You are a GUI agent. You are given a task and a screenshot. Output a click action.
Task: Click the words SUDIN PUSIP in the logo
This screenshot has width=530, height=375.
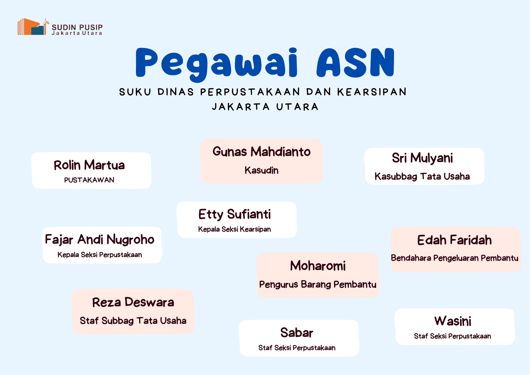tap(77, 27)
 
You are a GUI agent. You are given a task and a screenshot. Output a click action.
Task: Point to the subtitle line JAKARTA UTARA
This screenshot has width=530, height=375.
tap(265, 107)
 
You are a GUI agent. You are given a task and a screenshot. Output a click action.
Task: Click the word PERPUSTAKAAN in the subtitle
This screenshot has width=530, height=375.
tap(250, 92)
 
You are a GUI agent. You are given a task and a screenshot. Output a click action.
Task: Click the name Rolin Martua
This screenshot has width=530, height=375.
tap(89, 165)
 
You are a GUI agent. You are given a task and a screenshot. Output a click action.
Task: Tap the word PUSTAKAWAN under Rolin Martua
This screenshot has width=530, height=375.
tap(89, 180)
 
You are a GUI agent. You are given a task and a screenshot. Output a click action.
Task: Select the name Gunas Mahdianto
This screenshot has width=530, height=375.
tap(262, 151)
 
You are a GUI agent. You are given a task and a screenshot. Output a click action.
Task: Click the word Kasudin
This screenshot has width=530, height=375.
tap(262, 170)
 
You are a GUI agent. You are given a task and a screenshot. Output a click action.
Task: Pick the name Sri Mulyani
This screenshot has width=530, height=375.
tap(422, 158)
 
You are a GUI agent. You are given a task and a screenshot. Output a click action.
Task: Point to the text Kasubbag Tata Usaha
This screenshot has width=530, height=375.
tap(422, 176)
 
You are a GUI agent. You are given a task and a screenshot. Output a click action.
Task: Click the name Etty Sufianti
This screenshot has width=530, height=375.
tap(235, 214)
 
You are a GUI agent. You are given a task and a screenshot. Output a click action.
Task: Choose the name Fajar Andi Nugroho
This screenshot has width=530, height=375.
tap(100, 239)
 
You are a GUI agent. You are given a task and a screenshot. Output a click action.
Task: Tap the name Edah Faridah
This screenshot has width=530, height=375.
tap(454, 240)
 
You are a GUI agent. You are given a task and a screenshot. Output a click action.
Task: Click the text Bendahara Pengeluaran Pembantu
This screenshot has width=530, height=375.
tap(454, 258)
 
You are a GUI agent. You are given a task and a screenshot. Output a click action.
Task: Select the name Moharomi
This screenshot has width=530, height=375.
tap(318, 266)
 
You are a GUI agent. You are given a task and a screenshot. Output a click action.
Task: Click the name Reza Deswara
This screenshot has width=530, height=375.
tap(133, 302)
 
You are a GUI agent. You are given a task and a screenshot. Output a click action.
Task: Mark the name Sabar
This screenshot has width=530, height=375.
tap(297, 333)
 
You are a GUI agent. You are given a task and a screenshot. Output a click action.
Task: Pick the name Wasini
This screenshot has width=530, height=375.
tap(453, 321)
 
